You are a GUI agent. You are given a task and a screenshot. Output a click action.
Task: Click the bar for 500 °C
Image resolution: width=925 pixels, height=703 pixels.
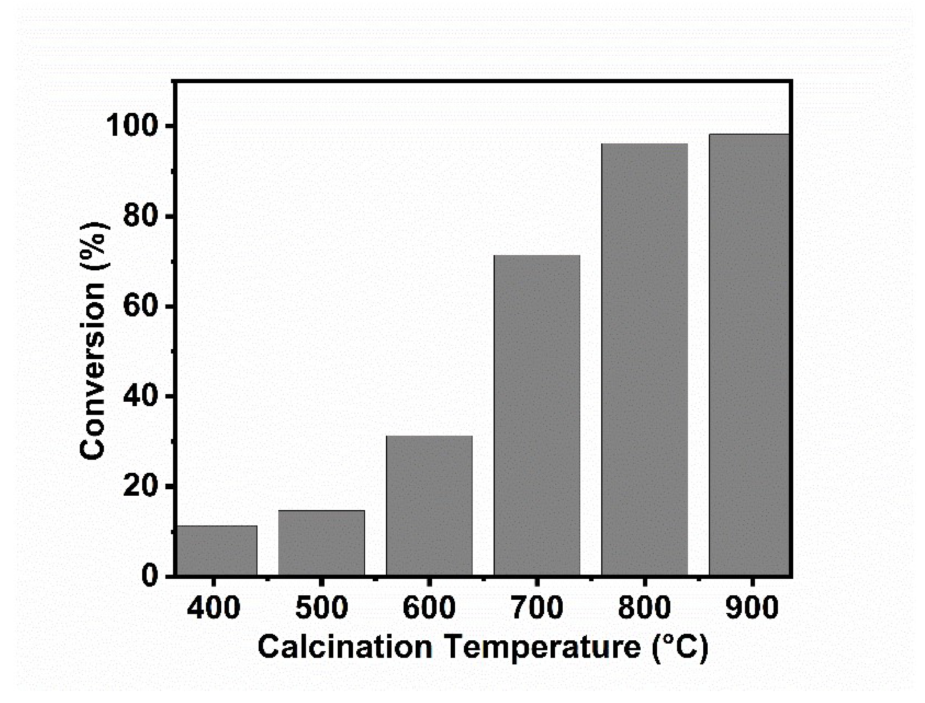pyautogui.click(x=321, y=543)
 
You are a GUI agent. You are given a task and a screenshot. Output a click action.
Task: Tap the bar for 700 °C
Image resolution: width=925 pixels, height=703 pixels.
pyautogui.click(x=537, y=415)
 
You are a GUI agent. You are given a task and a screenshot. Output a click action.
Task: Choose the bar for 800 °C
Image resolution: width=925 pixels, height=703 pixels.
pyautogui.click(x=644, y=360)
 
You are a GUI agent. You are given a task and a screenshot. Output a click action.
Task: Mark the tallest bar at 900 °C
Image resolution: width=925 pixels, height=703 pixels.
pyautogui.click(x=749, y=355)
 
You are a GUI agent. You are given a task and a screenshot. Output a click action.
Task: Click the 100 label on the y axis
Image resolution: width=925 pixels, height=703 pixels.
pyautogui.click(x=132, y=127)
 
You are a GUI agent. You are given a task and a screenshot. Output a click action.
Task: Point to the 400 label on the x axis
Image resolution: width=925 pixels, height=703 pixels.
pyautogui.click(x=214, y=608)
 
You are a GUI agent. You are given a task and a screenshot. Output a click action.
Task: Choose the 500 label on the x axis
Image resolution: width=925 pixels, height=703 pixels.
pyautogui.click(x=321, y=608)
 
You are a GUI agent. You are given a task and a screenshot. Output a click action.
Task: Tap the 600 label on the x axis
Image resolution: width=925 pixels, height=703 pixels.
pyautogui.click(x=429, y=608)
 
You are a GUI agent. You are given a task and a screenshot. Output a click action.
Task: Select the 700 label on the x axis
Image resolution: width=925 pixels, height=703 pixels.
pyautogui.click(x=537, y=608)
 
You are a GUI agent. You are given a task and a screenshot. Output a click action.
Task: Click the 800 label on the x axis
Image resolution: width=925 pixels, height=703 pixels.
pyautogui.click(x=644, y=608)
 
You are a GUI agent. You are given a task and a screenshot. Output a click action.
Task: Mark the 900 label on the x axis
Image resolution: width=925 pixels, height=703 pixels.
pyautogui.click(x=752, y=608)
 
